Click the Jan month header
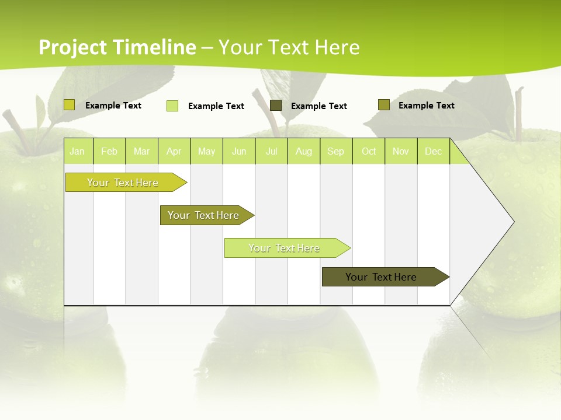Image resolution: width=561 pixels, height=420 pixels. [x=77, y=152]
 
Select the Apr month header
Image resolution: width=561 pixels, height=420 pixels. [x=174, y=152]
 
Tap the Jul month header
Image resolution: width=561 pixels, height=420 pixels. [x=271, y=152]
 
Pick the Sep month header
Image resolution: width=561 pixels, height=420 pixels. [x=335, y=152]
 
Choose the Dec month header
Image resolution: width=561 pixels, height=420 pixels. [x=433, y=152]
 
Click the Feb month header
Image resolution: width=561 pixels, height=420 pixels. [x=109, y=152]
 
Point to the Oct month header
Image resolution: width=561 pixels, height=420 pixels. [x=369, y=152]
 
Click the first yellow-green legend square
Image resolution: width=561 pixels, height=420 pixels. [x=70, y=105]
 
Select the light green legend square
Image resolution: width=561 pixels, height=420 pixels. [x=172, y=106]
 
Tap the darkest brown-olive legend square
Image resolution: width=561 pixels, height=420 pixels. [x=276, y=106]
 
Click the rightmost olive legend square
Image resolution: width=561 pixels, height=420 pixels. [x=383, y=105]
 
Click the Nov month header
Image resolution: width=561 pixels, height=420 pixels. [x=401, y=152]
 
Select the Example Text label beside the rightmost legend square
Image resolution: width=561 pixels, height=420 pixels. [x=426, y=106]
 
